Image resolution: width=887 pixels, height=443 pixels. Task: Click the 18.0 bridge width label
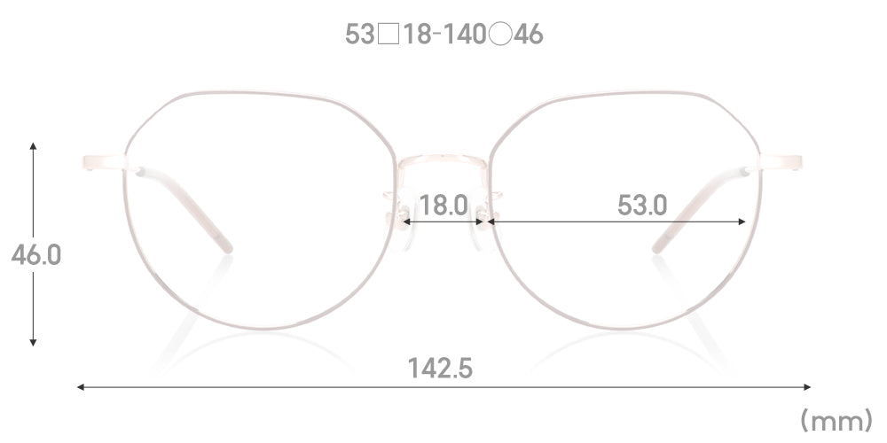tap(443, 206)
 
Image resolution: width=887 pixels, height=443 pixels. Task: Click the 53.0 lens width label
tap(642, 206)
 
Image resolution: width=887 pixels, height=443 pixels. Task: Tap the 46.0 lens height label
tap(35, 255)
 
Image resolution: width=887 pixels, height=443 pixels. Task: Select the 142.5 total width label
tap(440, 369)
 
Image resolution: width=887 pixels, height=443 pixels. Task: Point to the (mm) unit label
tap(836, 420)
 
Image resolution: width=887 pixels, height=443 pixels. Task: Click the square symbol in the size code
tap(389, 35)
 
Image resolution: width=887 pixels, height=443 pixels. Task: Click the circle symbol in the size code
tap(500, 35)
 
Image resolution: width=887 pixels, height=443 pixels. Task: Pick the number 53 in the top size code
tap(360, 35)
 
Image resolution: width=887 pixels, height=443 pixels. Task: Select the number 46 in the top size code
tap(529, 35)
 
